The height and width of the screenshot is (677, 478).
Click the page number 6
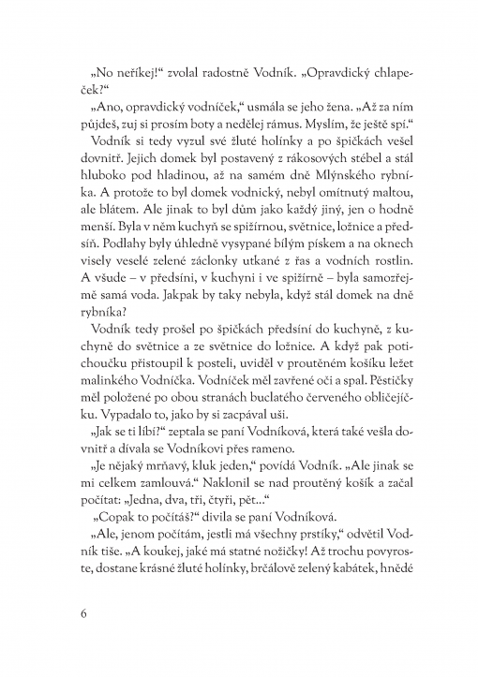[x=84, y=613]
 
